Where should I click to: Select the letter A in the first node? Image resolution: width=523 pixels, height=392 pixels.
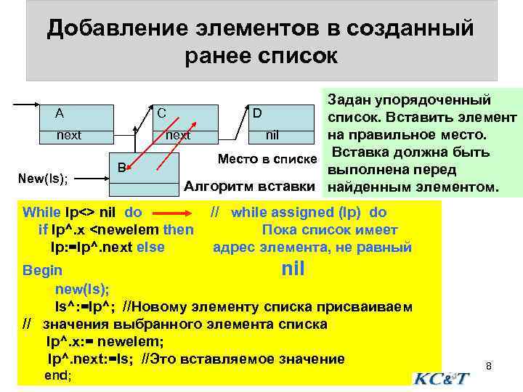(60, 113)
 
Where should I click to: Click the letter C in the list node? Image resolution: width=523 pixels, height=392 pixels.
(161, 113)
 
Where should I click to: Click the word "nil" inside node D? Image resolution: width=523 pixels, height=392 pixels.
(272, 135)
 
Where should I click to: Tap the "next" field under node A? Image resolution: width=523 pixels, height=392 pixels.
(70, 135)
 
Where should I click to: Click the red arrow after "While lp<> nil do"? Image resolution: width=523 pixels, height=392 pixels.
(174, 213)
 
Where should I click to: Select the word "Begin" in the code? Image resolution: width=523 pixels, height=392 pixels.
(42, 270)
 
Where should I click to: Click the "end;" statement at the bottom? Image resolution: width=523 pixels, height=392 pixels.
(59, 376)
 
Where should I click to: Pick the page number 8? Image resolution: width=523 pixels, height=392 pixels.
(489, 366)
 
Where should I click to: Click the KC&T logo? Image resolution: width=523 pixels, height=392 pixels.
(442, 378)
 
